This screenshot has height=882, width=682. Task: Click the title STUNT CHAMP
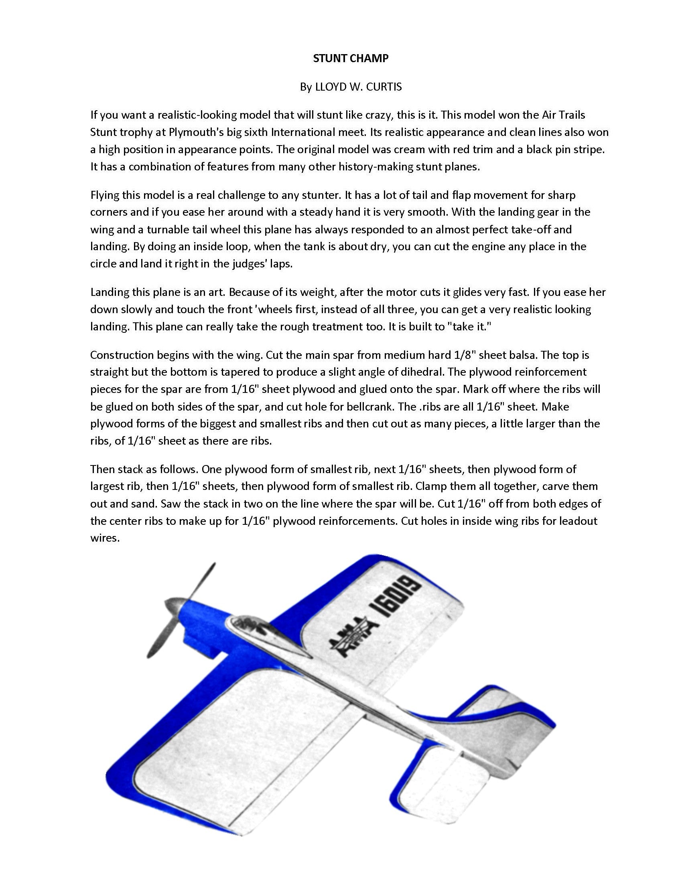[x=350, y=59]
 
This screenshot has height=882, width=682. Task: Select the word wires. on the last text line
[x=105, y=538]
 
